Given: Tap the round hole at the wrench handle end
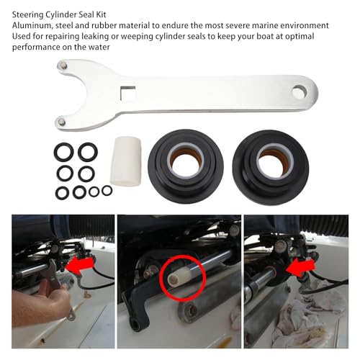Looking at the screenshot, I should click(300, 92).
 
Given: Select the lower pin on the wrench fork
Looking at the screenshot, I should click(63, 122).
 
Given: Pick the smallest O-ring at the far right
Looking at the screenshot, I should click(107, 190).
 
